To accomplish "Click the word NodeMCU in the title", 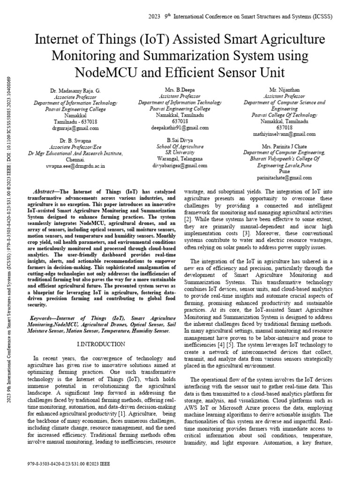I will point(110,72).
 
